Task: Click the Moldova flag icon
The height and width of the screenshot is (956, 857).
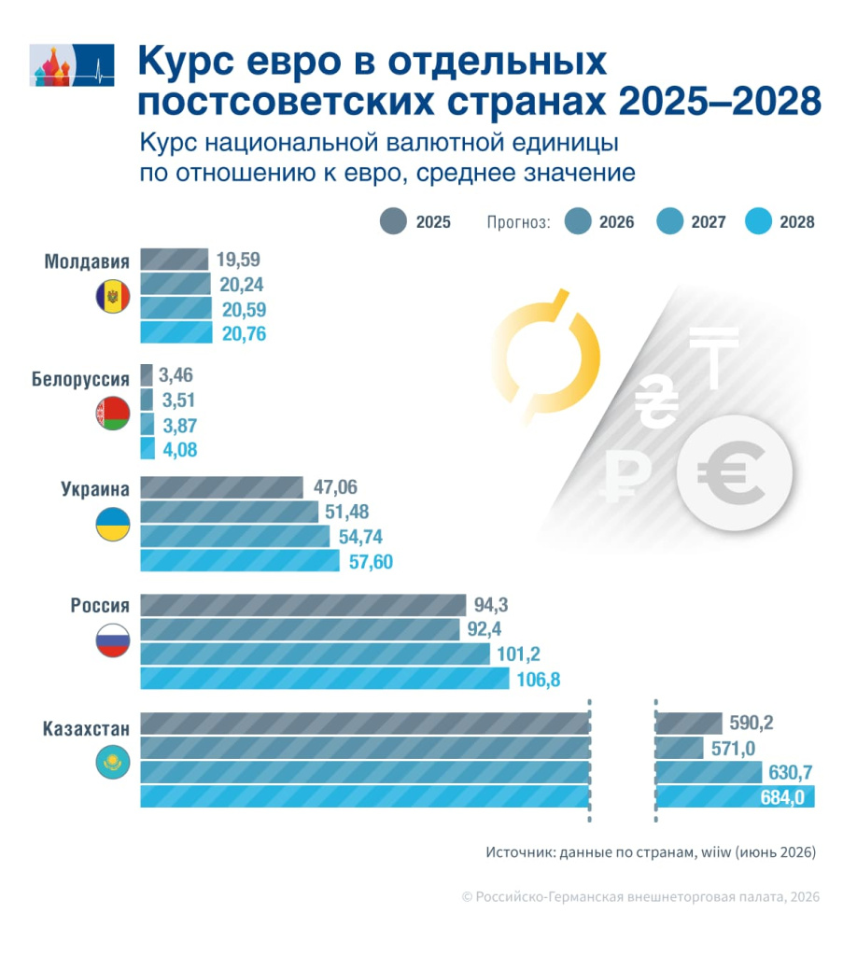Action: pos(113,297)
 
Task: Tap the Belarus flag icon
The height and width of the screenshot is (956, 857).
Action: pos(113,413)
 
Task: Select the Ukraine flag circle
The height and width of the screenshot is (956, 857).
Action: pos(113,525)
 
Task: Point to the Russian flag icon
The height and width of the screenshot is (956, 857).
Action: pos(113,640)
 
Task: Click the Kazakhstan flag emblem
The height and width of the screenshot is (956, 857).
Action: pos(113,762)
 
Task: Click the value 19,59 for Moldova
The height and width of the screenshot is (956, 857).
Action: pos(238,260)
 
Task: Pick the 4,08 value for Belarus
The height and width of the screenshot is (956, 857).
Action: pos(180,450)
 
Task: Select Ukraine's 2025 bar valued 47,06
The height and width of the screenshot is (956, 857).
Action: pos(222,487)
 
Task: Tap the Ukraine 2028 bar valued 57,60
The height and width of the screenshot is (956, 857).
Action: pos(240,561)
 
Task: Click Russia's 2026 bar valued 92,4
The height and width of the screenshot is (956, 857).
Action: pos(300,629)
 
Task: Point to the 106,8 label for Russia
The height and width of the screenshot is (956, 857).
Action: pos(539,680)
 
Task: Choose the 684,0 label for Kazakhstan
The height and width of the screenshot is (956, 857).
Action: pos(782,797)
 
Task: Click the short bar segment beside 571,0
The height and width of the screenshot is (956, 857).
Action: pos(679,748)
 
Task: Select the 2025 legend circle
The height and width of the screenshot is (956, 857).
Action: pos(393,221)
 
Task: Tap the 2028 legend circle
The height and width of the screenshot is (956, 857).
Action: pos(758,221)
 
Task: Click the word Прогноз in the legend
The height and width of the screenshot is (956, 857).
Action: pos(518,222)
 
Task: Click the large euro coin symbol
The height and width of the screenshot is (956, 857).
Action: pos(735,473)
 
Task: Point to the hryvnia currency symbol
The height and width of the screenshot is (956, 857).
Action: pos(656,403)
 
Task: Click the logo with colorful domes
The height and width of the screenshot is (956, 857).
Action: pos(72,65)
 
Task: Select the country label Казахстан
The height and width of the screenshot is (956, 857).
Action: pos(86,729)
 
